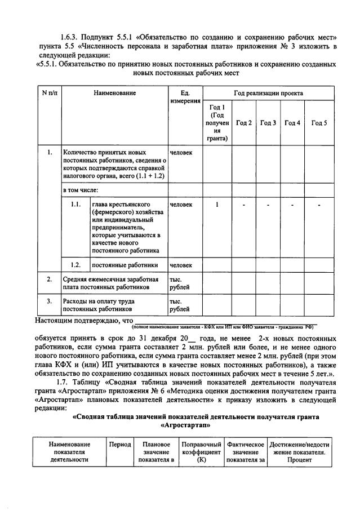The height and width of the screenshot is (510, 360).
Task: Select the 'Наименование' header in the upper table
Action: coord(115,93)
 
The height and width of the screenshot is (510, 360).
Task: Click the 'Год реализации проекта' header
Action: coord(268,93)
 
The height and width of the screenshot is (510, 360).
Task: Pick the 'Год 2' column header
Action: coord(244,123)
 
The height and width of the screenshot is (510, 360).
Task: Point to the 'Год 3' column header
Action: coord(268,123)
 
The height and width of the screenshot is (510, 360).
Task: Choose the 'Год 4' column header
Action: coord(292,123)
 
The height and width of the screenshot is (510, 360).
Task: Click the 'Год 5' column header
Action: coord(319,123)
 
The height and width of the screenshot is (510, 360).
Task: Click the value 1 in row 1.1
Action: coord(217,204)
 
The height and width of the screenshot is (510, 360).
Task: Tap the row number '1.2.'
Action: coord(74,264)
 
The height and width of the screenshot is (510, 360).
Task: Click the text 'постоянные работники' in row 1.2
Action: coord(125,264)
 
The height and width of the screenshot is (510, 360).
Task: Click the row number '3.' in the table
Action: coord(50,301)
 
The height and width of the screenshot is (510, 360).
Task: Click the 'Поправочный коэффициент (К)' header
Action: coord(201,453)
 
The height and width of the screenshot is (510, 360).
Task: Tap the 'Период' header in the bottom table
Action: coord(119,445)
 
